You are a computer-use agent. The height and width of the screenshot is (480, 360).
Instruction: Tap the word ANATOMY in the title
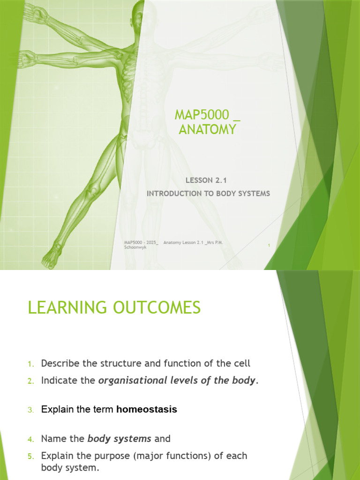207,129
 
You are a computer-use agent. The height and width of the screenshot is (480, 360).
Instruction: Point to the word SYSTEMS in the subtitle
254,193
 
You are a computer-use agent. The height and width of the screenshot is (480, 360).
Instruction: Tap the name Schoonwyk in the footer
135,247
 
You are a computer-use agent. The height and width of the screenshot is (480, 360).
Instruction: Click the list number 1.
30,364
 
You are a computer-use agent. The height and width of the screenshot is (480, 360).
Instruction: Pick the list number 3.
30,410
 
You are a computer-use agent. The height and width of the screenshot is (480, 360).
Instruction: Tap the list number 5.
30,456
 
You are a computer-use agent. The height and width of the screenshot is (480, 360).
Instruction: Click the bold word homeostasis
147,409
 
